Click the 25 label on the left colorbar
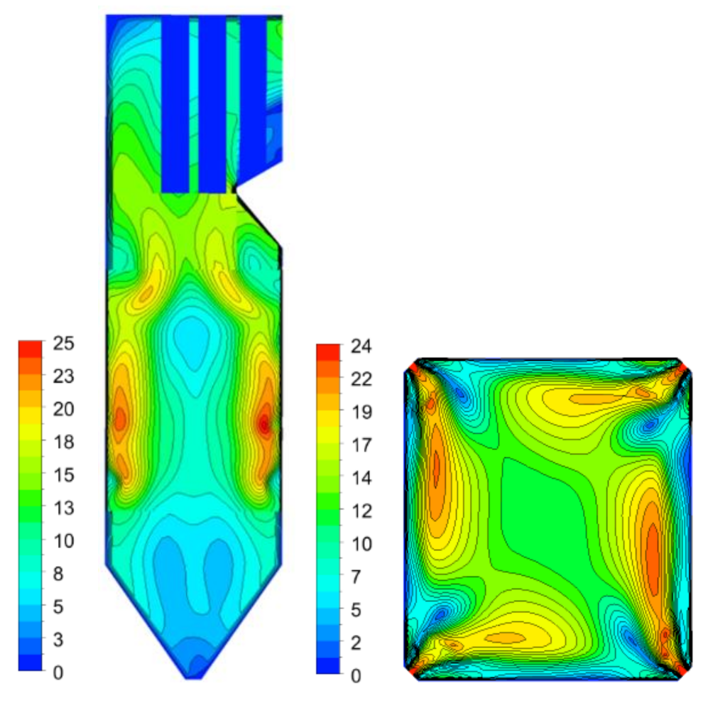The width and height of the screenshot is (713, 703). click(63, 343)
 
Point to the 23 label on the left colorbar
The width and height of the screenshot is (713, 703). click(63, 376)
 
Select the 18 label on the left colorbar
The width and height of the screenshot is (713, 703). click(63, 442)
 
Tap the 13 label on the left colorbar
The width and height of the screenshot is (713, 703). click(63, 508)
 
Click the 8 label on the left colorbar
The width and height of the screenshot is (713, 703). click(58, 574)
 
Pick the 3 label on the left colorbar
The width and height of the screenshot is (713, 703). click(58, 640)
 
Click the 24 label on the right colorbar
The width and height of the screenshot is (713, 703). click(361, 347)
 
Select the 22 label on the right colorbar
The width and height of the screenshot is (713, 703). click(361, 379)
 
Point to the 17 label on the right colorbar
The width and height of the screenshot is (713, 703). click(361, 445)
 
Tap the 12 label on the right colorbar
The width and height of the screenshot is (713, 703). click(361, 511)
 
